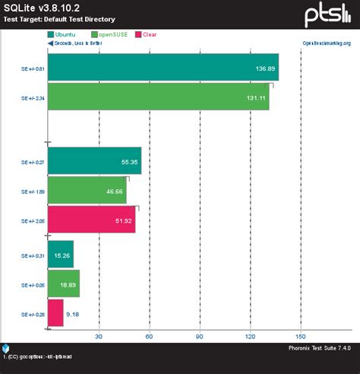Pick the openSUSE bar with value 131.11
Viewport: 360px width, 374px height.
tap(158, 97)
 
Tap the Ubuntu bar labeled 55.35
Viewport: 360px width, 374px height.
tap(94, 161)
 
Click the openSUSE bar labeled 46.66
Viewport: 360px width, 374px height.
tap(87, 190)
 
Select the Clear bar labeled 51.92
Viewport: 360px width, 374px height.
tap(91, 219)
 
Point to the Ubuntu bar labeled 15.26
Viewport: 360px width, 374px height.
tap(61, 254)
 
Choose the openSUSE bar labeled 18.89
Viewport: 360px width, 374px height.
tap(64, 283)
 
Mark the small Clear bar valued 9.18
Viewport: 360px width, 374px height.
tap(55, 312)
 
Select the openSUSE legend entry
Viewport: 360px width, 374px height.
tap(110, 34)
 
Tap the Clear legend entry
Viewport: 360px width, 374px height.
tap(150, 34)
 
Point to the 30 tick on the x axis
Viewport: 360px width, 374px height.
tap(99, 336)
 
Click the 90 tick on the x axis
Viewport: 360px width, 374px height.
tap(200, 336)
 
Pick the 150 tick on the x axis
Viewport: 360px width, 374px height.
tap(301, 336)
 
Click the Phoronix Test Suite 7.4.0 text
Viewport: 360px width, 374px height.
tap(319, 347)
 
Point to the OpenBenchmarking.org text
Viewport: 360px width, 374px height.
tap(327, 43)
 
